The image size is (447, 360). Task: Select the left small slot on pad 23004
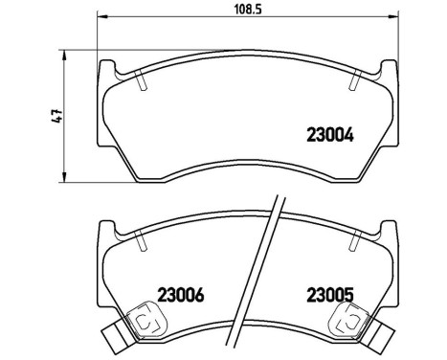coord(143,83)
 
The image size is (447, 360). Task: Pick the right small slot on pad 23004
coord(353,83)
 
